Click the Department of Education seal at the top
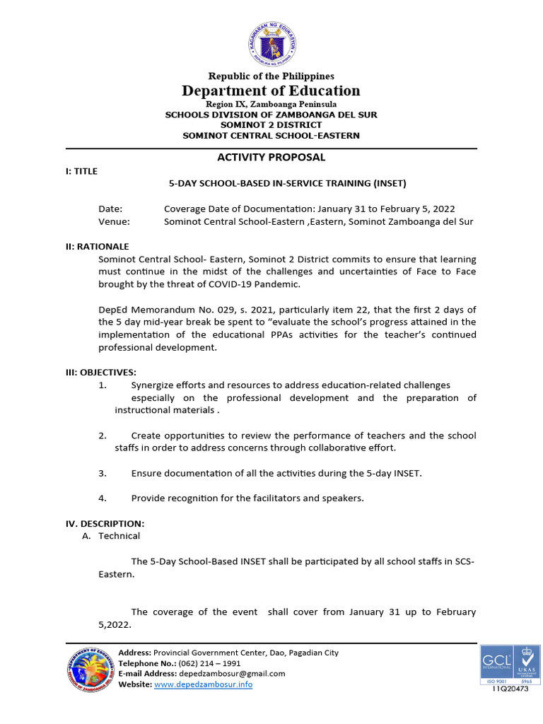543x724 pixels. coord(271,42)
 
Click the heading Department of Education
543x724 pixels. coord(271,90)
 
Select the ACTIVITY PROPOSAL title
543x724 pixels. coord(271,157)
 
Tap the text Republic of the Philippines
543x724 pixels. coord(271,76)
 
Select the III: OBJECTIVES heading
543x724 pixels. coord(101,372)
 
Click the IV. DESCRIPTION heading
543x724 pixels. coord(105,523)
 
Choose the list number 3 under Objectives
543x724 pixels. coord(103,473)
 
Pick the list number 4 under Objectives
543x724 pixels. coord(103,498)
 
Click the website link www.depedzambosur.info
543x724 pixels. coord(203,684)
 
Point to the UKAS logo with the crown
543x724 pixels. coord(525,662)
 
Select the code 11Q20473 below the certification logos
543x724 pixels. coord(510,689)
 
